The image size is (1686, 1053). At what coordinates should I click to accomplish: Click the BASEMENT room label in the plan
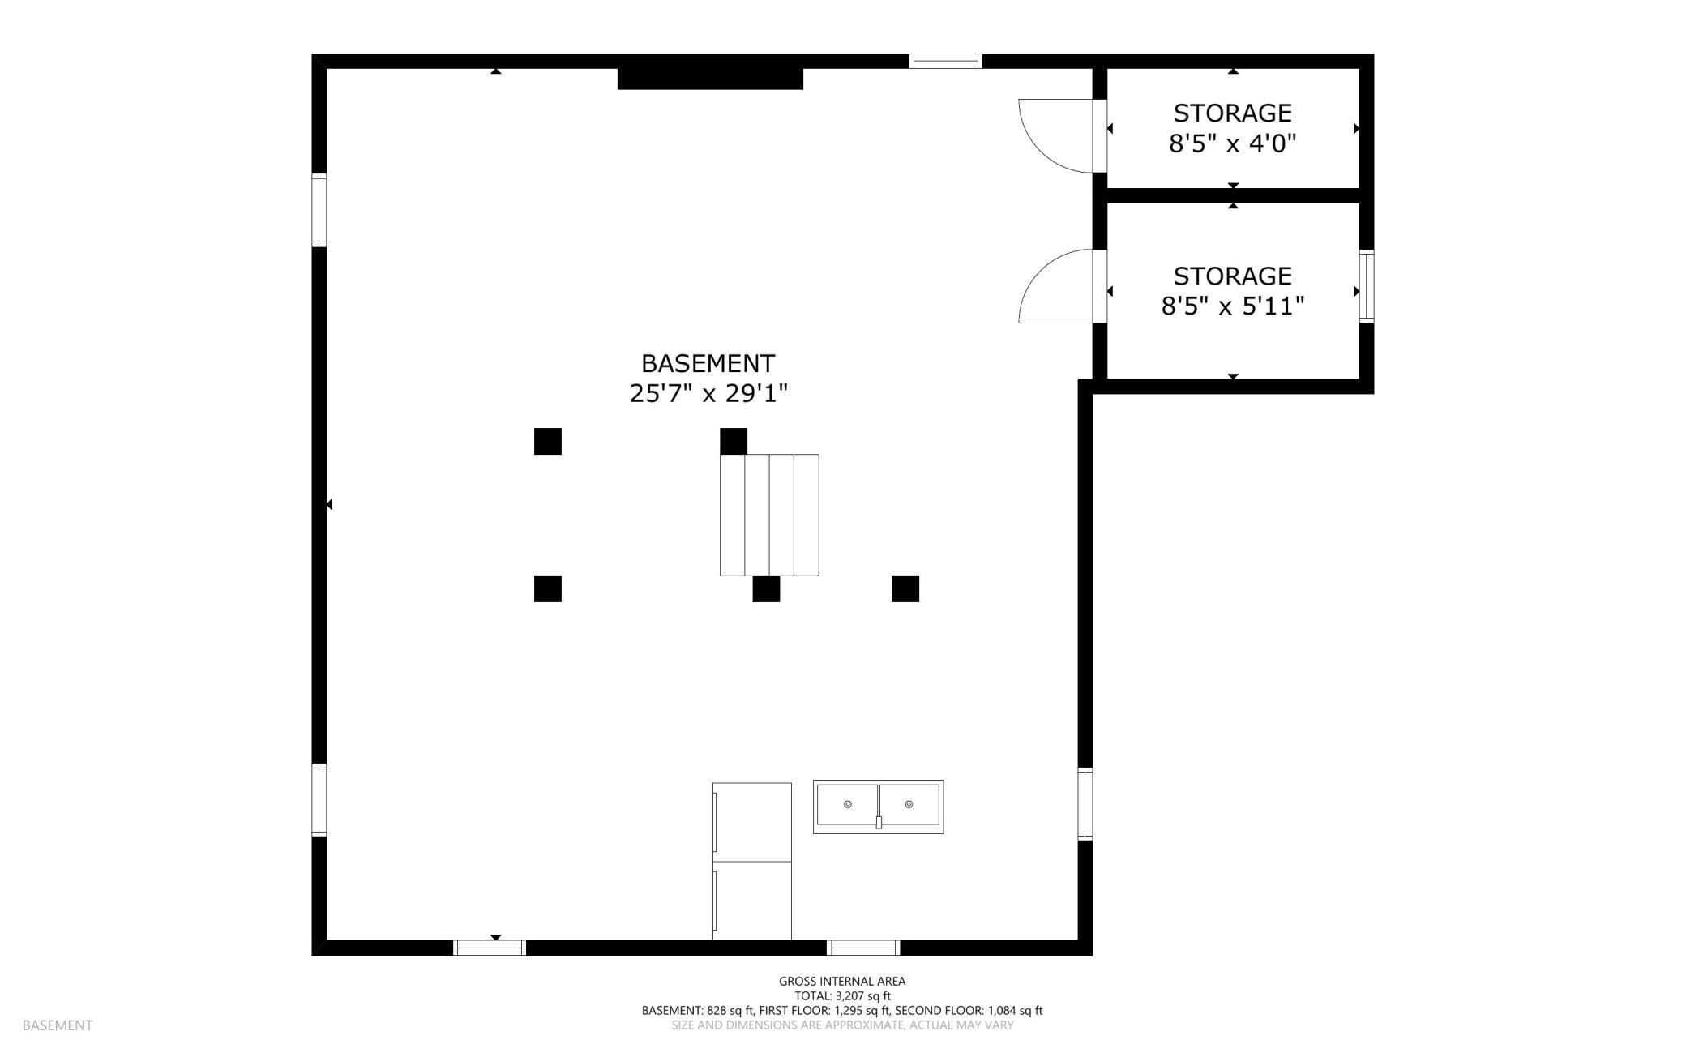(708, 363)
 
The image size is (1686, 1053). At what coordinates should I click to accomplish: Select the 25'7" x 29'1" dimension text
(708, 394)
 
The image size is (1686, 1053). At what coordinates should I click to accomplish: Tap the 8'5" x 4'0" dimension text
(1232, 144)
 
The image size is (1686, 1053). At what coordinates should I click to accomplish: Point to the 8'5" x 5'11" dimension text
(1232, 306)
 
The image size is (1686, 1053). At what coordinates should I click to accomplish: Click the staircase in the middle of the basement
(768, 515)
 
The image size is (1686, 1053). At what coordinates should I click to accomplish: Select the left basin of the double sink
(847, 804)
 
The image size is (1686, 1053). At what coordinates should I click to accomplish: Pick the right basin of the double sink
(909, 804)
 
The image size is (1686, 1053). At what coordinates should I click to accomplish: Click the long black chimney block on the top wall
(710, 79)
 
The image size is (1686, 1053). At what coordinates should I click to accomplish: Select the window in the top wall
(945, 61)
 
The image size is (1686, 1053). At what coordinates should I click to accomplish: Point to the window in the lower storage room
(1367, 286)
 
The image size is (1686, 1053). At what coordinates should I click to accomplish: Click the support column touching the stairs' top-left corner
(734, 441)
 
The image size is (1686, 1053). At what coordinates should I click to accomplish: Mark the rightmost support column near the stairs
(905, 589)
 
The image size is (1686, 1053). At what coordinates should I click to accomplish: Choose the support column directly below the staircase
(766, 589)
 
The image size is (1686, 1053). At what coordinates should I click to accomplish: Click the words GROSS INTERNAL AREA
(842, 981)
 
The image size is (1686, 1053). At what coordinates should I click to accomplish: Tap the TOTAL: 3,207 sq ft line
(842, 995)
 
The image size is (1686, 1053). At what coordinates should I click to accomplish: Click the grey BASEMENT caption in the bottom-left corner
(58, 1025)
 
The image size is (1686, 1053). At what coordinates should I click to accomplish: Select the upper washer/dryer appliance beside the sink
(752, 822)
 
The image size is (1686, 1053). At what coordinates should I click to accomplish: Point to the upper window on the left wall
(319, 210)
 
